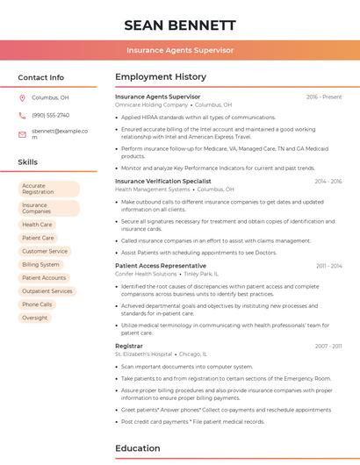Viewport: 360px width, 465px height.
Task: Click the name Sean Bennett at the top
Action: coord(179,25)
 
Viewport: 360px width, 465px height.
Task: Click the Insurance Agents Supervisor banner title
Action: coord(179,50)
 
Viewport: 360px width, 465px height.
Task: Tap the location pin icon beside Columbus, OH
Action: coord(22,97)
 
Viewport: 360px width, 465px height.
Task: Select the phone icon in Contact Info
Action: coord(22,115)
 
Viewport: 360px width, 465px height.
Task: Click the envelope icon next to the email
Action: coord(22,133)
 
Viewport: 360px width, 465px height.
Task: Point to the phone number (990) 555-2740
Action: coord(50,115)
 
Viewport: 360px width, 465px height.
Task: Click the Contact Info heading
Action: coord(40,77)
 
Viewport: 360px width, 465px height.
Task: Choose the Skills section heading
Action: coord(27,162)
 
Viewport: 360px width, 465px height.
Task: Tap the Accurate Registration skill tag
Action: coord(48,189)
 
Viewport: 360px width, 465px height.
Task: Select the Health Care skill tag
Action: coord(37,225)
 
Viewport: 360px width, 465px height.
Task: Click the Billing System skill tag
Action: coord(41,264)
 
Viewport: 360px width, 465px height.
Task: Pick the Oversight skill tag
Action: coord(35,318)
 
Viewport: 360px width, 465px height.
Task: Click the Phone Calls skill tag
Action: coord(37,304)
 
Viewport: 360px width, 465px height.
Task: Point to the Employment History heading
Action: coord(161,77)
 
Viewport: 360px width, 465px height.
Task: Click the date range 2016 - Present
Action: coord(323,97)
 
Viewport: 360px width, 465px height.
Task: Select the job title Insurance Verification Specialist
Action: coord(163,181)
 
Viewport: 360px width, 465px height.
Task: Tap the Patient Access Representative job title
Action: coord(161,266)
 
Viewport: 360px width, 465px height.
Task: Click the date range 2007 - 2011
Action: coord(328,347)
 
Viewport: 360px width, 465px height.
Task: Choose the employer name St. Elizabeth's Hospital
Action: coord(143,354)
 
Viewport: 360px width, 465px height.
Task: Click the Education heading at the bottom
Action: coord(139,448)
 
